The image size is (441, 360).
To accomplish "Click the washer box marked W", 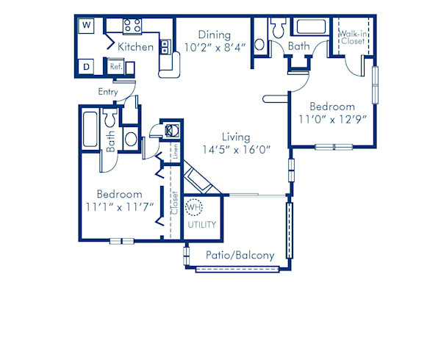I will click(x=87, y=25).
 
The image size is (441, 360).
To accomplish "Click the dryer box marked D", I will click(x=87, y=67).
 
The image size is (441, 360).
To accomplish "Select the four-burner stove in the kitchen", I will click(x=132, y=26).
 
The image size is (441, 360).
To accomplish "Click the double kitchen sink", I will click(x=166, y=48).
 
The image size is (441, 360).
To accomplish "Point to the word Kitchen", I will click(x=136, y=47).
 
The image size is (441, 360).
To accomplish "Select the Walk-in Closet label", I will click(x=353, y=37).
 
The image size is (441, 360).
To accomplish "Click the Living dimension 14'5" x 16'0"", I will click(x=237, y=149).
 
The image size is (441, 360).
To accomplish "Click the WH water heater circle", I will click(x=193, y=208).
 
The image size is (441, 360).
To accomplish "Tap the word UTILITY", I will click(x=202, y=224).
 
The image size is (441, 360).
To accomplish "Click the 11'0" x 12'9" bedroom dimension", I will click(x=331, y=118).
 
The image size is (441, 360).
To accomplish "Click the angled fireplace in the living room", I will click(x=198, y=179).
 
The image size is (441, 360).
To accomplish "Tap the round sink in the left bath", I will click(x=129, y=137).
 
